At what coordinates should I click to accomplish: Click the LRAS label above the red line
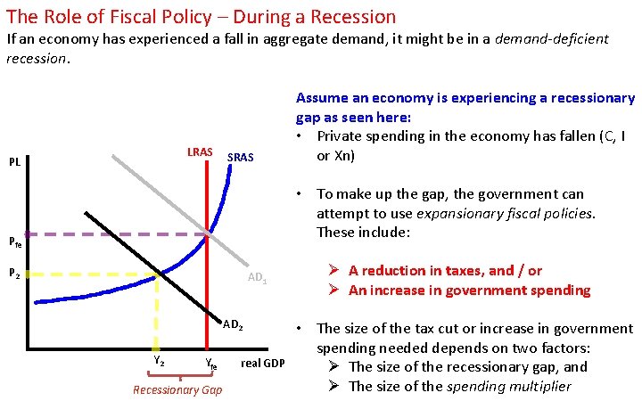click(x=200, y=152)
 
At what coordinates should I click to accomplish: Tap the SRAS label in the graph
click(x=241, y=158)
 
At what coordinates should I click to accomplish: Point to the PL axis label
click(x=15, y=162)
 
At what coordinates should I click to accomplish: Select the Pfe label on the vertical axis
click(x=14, y=241)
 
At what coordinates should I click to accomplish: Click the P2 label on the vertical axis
click(x=14, y=274)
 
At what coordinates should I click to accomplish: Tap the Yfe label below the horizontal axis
click(x=210, y=364)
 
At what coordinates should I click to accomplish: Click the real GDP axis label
click(x=263, y=363)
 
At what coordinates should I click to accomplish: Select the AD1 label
click(x=258, y=279)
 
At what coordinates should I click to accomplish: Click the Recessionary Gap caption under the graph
click(x=177, y=389)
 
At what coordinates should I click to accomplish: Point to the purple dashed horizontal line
click(x=107, y=235)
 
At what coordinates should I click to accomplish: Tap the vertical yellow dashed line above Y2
click(x=158, y=312)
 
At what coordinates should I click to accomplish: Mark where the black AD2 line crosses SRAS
click(x=159, y=274)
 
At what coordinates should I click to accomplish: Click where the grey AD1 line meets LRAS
click(x=208, y=234)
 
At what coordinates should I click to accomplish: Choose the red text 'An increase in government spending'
click(x=469, y=290)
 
